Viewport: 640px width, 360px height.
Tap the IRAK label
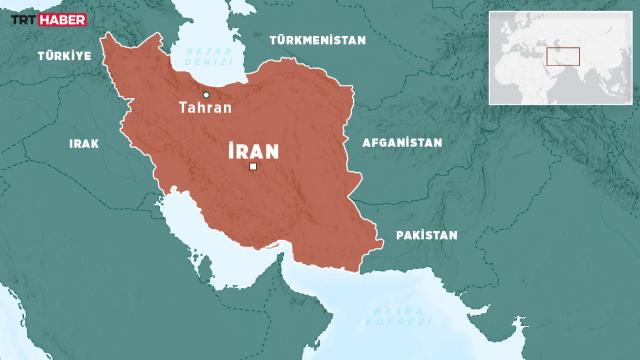pyautogui.click(x=83, y=143)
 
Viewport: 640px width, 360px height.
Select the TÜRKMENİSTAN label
pyautogui.click(x=317, y=40)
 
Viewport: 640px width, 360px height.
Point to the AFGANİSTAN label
pyautogui.click(x=395, y=143)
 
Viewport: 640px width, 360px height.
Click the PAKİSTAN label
pyautogui.click(x=426, y=235)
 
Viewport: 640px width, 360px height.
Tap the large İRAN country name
pyautogui.click(x=251, y=151)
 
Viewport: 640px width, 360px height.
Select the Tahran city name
pyautogui.click(x=205, y=108)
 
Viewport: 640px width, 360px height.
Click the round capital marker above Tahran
pyautogui.click(x=206, y=94)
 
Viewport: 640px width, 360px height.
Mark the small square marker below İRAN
pyautogui.click(x=252, y=168)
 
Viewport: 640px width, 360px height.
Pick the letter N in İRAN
pyautogui.click(x=269, y=151)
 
